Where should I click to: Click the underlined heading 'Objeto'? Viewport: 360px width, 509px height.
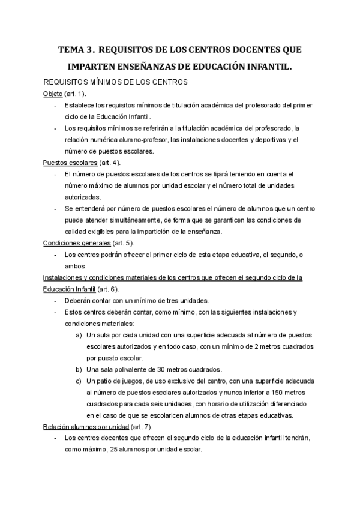53,94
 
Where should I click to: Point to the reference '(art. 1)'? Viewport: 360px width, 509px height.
75,94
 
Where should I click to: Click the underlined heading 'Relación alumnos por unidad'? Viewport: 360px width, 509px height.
86,427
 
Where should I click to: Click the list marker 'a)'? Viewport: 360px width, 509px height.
79,335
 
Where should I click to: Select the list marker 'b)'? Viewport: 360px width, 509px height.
79,369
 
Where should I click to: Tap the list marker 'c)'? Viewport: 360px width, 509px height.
79,381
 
